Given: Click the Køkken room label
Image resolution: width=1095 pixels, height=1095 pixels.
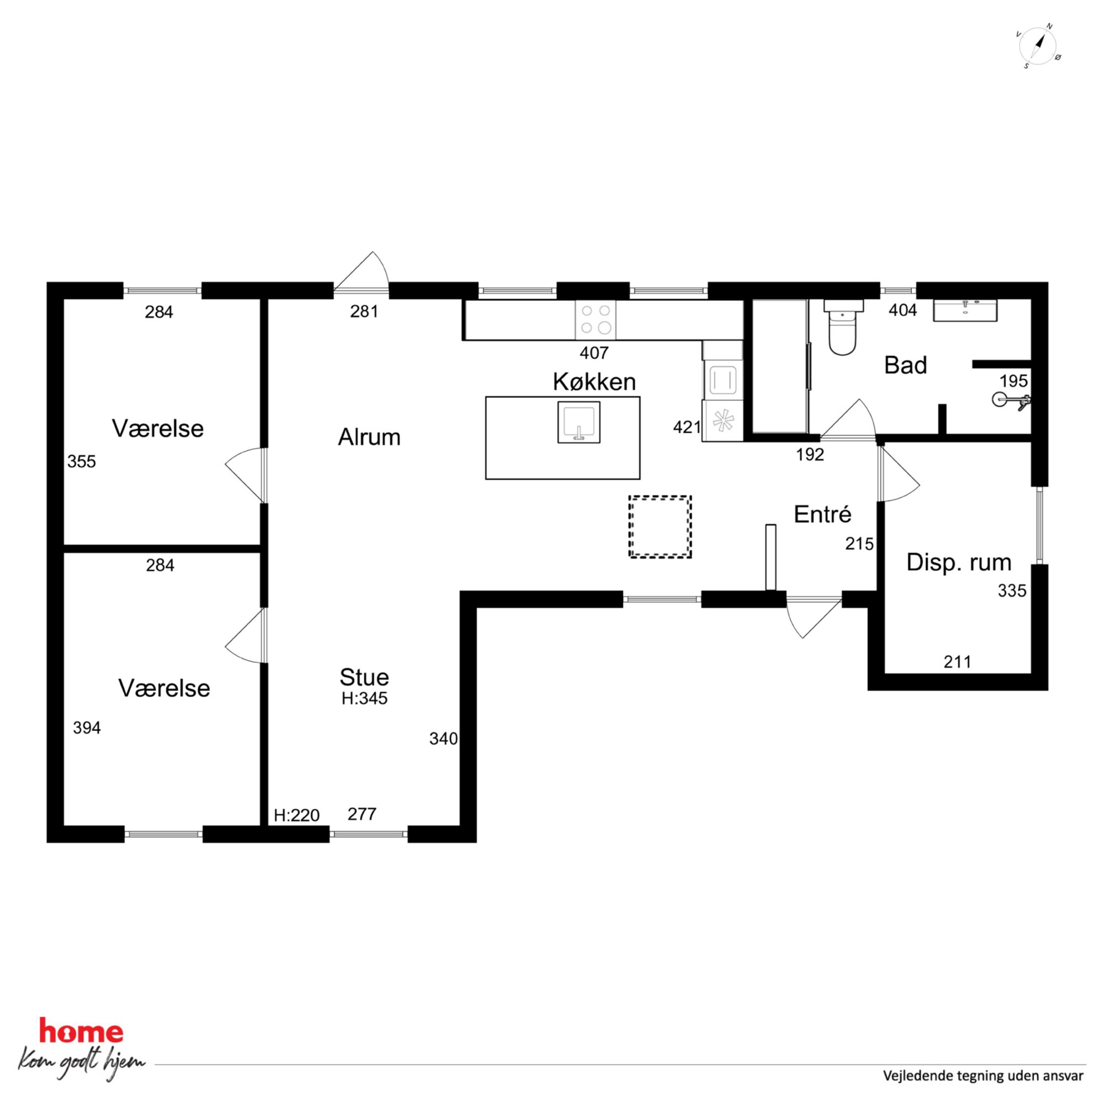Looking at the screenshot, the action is click(x=594, y=382).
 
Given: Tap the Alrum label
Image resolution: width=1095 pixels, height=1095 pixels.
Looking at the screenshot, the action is click(x=369, y=437).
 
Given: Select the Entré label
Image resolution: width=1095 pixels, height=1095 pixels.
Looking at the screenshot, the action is click(x=822, y=514).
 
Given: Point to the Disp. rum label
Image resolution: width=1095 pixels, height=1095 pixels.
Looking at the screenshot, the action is click(x=959, y=563).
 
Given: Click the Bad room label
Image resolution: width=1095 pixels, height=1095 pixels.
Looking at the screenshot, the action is click(x=906, y=365).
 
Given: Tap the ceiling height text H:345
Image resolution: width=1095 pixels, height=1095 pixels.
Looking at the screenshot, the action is click(x=364, y=698).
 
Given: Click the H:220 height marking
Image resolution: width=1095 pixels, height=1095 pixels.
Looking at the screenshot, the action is click(x=296, y=816).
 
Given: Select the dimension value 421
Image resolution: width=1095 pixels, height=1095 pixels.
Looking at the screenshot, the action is click(x=687, y=427).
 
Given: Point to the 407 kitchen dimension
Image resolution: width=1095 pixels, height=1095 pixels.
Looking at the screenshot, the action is click(x=594, y=353).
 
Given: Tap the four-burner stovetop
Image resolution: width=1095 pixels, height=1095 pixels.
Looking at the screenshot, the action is click(x=596, y=319).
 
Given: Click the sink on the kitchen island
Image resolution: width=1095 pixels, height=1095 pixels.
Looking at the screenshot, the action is click(x=578, y=422).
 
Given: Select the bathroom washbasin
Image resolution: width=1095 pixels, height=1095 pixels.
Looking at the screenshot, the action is click(x=965, y=311).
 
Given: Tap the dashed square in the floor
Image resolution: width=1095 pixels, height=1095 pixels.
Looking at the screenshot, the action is click(x=660, y=527).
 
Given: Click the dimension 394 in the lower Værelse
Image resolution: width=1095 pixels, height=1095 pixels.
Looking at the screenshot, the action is click(x=87, y=728).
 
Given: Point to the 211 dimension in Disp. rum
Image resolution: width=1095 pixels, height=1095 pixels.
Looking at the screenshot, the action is click(x=957, y=661).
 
